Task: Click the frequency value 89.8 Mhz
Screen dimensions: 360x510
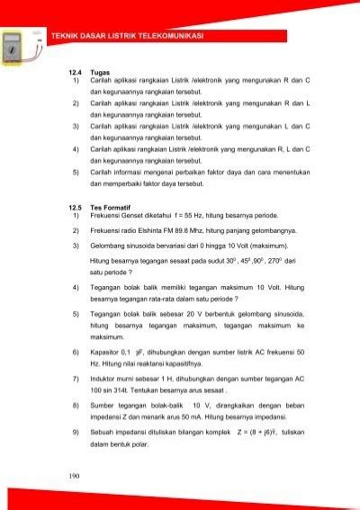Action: (x=202, y=230)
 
